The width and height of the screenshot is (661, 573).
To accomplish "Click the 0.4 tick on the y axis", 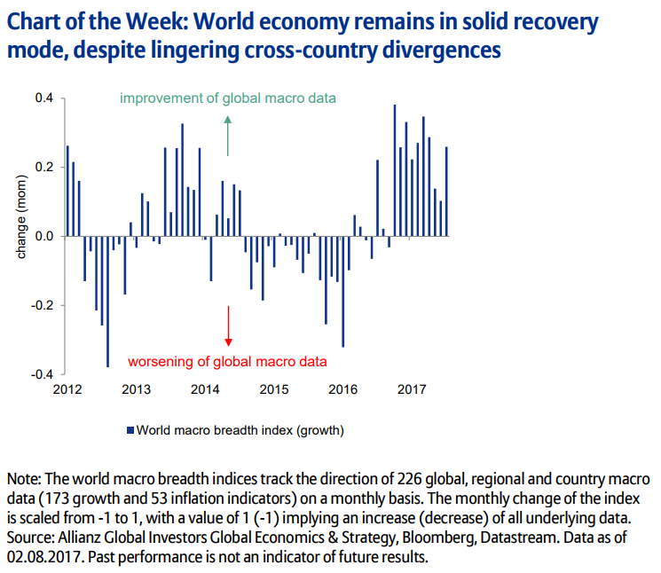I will click(x=43, y=98).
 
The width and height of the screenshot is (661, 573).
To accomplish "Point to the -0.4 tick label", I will click(x=42, y=374).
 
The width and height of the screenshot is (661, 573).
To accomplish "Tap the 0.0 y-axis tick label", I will click(x=43, y=237).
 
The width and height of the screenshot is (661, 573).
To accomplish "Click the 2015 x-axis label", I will click(x=274, y=389).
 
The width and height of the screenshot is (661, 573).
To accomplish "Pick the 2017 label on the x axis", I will click(x=412, y=389).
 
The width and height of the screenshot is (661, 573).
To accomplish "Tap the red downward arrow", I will click(x=228, y=326).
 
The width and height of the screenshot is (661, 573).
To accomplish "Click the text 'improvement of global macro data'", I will click(x=228, y=98).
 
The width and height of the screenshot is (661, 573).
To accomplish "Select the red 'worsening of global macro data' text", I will click(x=228, y=361).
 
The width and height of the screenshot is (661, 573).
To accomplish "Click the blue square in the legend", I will click(x=130, y=430).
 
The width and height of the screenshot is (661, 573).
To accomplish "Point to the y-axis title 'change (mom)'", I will click(x=21, y=218).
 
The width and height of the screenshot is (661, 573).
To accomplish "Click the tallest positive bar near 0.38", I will click(x=395, y=170).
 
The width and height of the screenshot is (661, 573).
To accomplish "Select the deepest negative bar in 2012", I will click(x=108, y=302).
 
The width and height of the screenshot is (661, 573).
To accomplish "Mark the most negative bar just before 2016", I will click(x=342, y=291).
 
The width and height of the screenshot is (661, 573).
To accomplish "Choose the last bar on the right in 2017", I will click(x=446, y=192).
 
